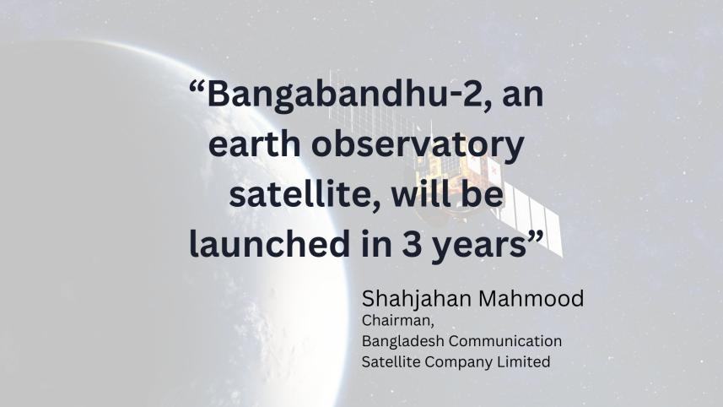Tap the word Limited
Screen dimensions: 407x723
point(526,361)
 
